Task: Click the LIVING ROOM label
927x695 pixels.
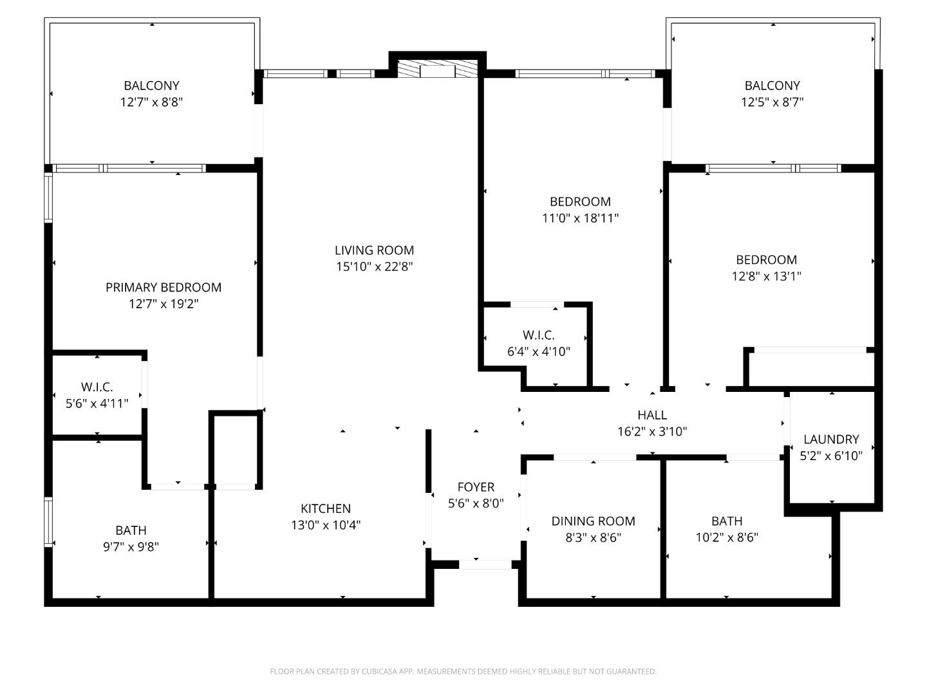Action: (374, 250)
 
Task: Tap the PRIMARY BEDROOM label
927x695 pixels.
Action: (164, 287)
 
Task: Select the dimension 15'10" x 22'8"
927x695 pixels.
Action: (374, 267)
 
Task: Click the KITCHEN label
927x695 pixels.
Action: (326, 508)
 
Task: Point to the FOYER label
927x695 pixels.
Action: (476, 487)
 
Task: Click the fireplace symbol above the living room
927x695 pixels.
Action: (437, 69)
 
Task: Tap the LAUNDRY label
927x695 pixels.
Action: (831, 440)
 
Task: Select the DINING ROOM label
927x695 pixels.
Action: (593, 521)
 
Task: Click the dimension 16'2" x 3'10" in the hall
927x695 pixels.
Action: (652, 432)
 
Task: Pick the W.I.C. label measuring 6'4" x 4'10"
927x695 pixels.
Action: (538, 335)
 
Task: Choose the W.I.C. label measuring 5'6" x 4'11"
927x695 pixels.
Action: (97, 387)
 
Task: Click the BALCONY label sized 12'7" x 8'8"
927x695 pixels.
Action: (151, 86)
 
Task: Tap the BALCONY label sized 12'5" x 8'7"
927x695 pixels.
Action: (772, 86)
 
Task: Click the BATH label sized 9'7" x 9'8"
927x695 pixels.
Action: (131, 530)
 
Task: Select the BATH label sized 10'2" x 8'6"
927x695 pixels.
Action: (727, 521)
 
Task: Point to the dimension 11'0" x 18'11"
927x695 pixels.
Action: (580, 218)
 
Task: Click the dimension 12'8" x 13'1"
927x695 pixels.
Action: (766, 277)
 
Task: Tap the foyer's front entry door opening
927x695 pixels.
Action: (485, 564)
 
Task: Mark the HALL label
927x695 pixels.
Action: (652, 415)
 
